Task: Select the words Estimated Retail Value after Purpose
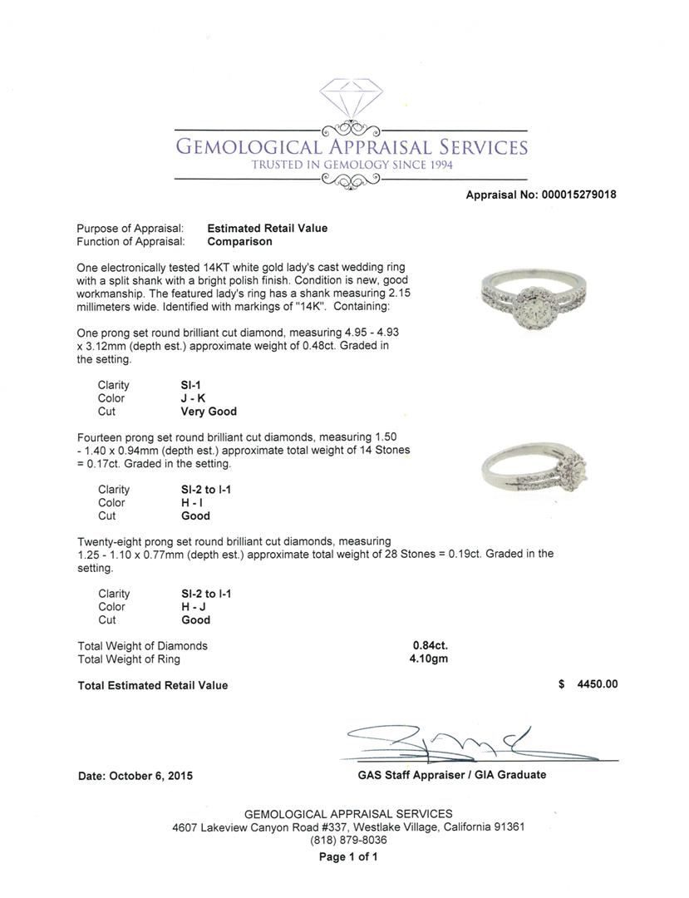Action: (x=267, y=229)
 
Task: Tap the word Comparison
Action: (x=239, y=242)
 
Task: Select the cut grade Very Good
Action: (x=209, y=412)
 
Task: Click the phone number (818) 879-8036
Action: (x=348, y=841)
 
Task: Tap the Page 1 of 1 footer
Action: (x=348, y=856)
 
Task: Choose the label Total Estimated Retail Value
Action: (x=152, y=686)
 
